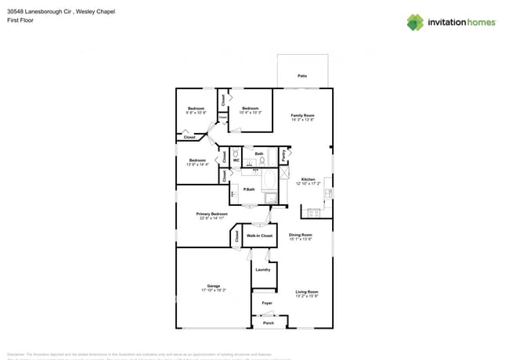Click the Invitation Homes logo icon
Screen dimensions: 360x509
pos(414,22)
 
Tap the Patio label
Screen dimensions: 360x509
pos(302,76)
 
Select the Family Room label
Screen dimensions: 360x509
pos(302,116)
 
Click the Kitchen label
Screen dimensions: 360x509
pos(308,179)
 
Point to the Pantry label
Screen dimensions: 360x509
pos(283,155)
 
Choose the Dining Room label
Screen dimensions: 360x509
pos(301,235)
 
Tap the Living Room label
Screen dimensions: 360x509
pos(306,292)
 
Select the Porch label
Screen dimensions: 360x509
pos(268,322)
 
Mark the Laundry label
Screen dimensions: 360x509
pos(263,269)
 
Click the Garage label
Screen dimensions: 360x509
pos(213,286)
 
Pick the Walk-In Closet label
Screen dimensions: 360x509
pos(259,236)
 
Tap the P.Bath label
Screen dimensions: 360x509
pos(249,189)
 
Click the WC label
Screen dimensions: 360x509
pos(236,160)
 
